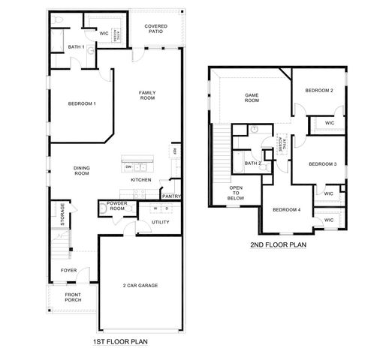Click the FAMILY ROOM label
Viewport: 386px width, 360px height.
pyautogui.click(x=147, y=95)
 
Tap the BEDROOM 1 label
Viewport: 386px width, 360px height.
pyautogui.click(x=82, y=103)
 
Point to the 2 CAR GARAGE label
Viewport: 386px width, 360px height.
pyautogui.click(x=140, y=286)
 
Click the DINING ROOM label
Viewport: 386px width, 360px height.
pyautogui.click(x=82, y=170)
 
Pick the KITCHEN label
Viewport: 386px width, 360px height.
pyautogui.click(x=141, y=180)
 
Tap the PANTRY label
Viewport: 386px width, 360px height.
pyautogui.click(x=171, y=196)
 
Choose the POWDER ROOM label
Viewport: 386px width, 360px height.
pyautogui.click(x=116, y=206)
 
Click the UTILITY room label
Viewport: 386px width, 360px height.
pyautogui.click(x=160, y=222)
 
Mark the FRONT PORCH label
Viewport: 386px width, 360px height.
pyautogui.click(x=72, y=298)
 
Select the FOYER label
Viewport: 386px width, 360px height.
pyautogui.click(x=68, y=271)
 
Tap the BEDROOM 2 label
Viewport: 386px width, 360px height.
pyautogui.click(x=319, y=91)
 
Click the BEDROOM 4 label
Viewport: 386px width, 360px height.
pyautogui.click(x=286, y=210)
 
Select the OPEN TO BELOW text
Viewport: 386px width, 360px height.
pyautogui.click(x=236, y=193)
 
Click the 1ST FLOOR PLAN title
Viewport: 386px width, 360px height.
pyautogui.click(x=120, y=342)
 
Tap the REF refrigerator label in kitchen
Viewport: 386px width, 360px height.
pyautogui.click(x=175, y=151)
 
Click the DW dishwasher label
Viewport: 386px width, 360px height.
pyautogui.click(x=128, y=166)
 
